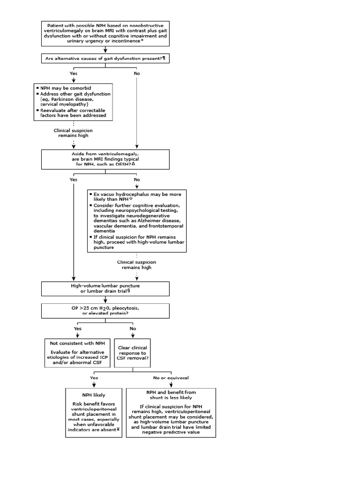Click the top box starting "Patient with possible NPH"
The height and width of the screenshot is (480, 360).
point(105,33)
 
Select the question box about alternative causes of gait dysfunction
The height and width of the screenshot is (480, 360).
point(105,58)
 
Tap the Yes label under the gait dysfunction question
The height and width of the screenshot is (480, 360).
point(74,74)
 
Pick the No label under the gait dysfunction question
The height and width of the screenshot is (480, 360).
point(136,74)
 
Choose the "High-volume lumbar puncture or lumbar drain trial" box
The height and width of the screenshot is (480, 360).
point(105,288)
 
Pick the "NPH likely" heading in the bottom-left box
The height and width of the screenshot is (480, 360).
point(94,394)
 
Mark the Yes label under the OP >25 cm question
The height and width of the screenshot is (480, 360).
point(78,329)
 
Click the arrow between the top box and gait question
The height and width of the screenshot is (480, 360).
point(105,50)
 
